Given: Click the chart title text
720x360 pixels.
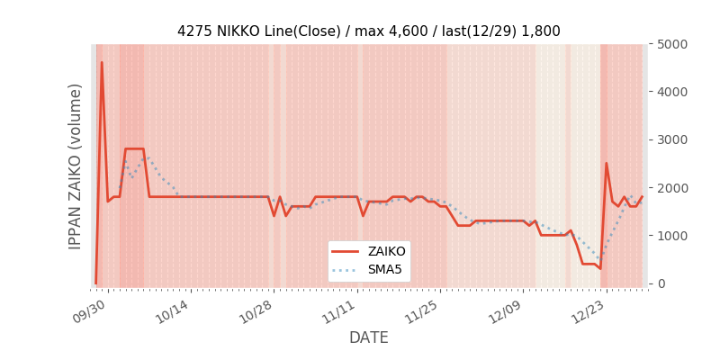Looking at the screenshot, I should (368, 31).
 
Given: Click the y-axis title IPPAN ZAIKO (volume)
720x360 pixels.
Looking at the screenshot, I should (76, 166).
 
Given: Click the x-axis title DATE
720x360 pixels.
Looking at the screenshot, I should (368, 337).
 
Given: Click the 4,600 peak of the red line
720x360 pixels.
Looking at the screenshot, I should (102, 63).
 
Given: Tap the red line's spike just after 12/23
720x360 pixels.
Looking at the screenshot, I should (607, 164).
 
